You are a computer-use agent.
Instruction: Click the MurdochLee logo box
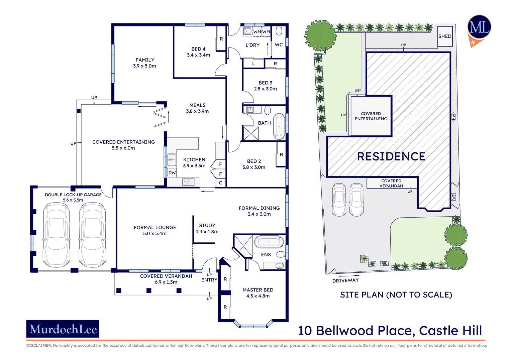63,329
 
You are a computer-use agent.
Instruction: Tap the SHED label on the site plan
445,36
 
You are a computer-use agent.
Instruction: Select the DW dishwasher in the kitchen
172,173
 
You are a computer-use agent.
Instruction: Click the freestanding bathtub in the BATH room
279,126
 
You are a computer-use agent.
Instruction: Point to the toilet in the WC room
279,31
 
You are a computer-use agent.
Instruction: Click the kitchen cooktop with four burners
188,182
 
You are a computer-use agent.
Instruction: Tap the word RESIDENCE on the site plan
391,156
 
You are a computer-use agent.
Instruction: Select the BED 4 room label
198,49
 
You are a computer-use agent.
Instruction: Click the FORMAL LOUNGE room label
155,228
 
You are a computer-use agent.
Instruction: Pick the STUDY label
207,226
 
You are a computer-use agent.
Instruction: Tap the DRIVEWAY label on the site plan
345,280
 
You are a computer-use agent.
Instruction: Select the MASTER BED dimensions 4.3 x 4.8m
258,296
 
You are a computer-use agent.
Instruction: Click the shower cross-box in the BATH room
251,133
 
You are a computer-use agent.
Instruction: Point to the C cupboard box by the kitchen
220,183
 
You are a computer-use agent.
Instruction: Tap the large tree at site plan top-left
320,35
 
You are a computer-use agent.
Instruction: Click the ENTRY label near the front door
209,280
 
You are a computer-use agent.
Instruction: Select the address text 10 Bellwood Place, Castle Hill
390,331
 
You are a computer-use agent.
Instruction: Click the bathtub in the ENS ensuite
269,242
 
